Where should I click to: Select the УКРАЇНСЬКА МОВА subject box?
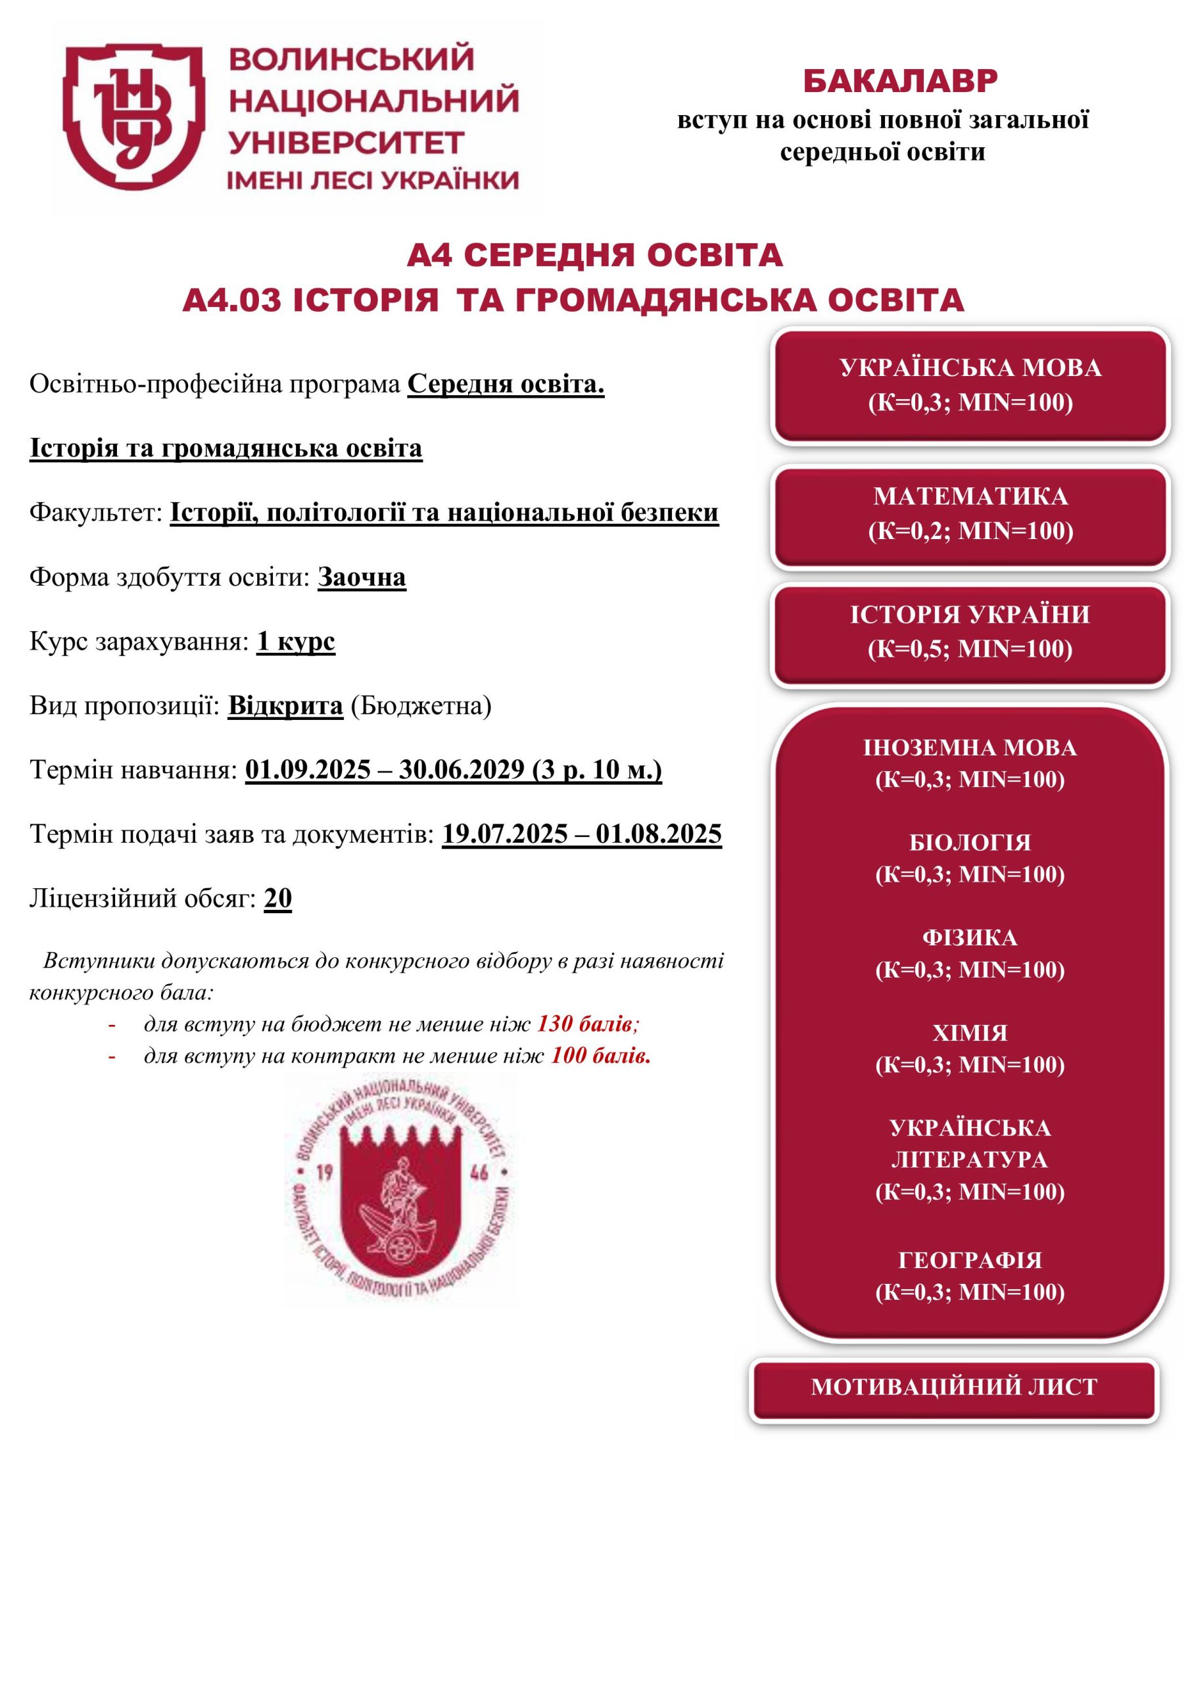pyautogui.click(x=969, y=385)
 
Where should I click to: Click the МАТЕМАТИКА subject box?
pyautogui.click(x=969, y=514)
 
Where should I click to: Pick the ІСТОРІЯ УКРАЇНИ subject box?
pyautogui.click(x=969, y=632)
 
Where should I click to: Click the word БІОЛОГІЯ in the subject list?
pyautogui.click(x=969, y=843)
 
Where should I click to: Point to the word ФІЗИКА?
pyautogui.click(x=969, y=938)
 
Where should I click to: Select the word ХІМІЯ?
pyautogui.click(x=969, y=1033)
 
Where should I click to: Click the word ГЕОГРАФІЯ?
pyautogui.click(x=969, y=1260)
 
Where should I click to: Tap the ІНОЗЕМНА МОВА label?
pyautogui.click(x=969, y=747)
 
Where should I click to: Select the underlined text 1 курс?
pyautogui.click(x=295, y=642)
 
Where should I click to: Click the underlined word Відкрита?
pyautogui.click(x=285, y=706)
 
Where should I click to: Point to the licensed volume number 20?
pyautogui.click(x=278, y=898)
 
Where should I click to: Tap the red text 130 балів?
pyautogui.click(x=585, y=1024)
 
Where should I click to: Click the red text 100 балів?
pyautogui.click(x=600, y=1056)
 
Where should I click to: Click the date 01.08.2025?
pyautogui.click(x=657, y=834)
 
